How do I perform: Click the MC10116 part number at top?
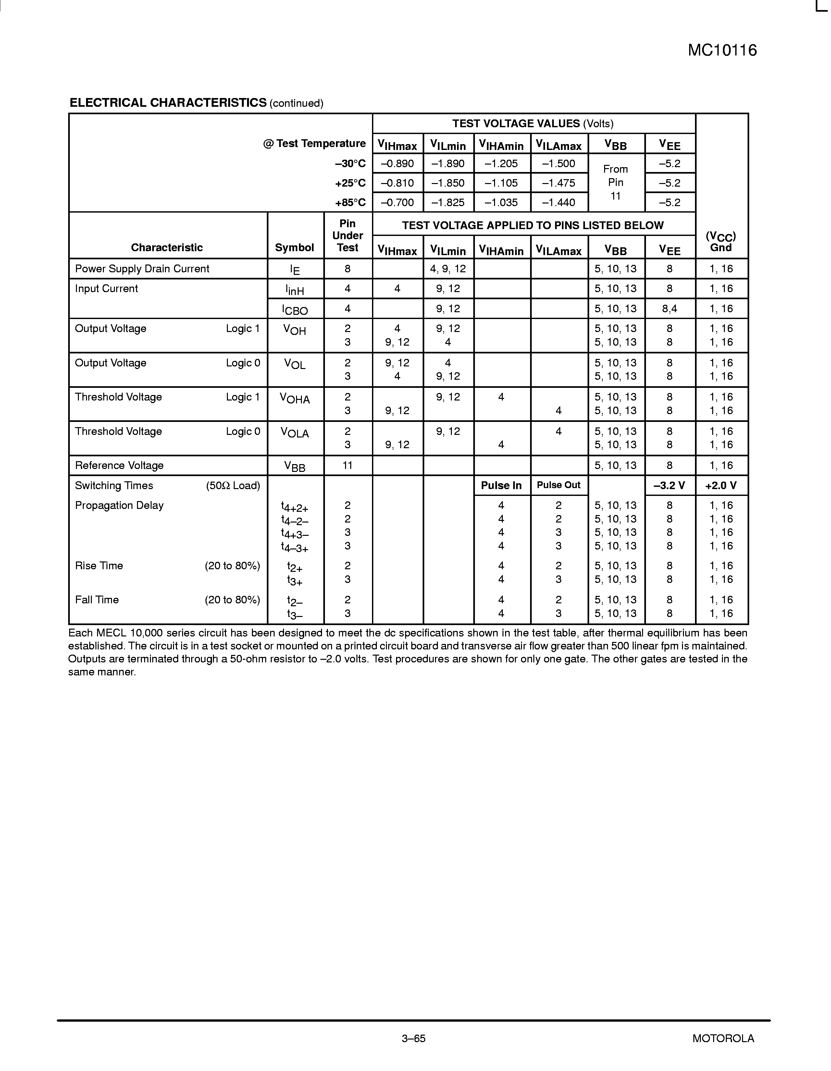722,51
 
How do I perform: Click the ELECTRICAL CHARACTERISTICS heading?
168,103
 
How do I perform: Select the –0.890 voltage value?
397,164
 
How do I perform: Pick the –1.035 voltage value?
501,203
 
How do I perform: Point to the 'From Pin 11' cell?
616,182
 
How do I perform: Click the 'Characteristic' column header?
167,248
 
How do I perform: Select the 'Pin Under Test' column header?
347,235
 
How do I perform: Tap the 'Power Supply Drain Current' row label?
142,269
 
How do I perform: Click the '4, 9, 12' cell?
448,269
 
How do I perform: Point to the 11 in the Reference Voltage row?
347,465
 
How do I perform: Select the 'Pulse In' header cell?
501,486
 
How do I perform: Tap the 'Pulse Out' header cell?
559,486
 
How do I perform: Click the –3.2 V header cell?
670,486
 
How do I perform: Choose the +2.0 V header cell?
721,486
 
